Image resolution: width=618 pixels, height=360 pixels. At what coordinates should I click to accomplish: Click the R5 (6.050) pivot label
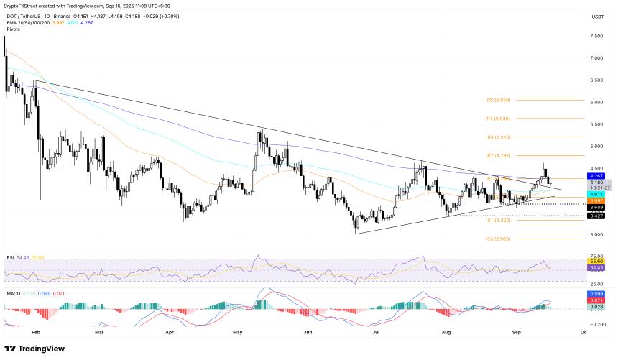[498, 101]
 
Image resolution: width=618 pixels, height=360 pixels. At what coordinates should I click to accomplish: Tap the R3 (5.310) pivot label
[498, 137]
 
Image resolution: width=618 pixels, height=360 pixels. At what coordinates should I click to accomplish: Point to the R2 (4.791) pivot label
[498, 155]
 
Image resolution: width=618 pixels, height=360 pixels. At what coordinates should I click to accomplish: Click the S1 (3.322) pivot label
[498, 221]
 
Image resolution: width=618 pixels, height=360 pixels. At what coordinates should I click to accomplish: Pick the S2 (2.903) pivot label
[498, 239]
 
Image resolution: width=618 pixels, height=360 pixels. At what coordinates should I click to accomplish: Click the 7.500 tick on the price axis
[596, 36]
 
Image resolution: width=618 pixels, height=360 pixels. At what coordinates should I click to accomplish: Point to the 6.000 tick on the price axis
[596, 102]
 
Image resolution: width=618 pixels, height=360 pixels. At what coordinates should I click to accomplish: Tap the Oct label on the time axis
[583, 333]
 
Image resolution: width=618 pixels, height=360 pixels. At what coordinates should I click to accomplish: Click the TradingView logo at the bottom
[35, 349]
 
